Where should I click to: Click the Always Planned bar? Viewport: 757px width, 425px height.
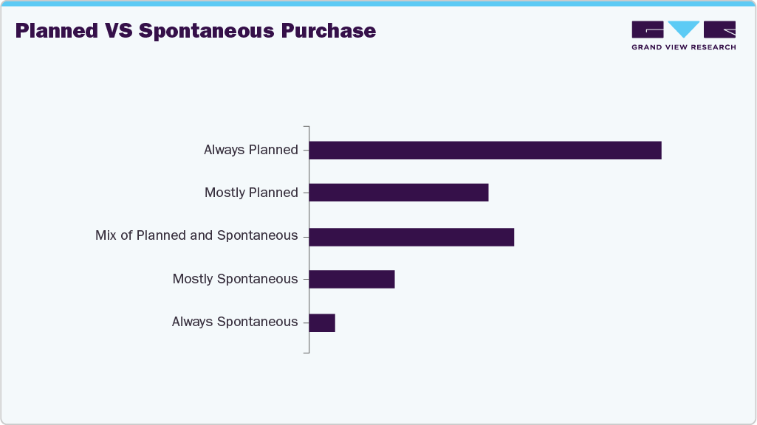(x=484, y=151)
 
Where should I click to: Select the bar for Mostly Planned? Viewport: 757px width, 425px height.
(x=399, y=193)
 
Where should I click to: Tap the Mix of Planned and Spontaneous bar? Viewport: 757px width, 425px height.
(x=411, y=237)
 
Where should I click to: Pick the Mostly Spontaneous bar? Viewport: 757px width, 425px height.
(x=352, y=279)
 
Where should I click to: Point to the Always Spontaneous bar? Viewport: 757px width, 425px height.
(x=322, y=322)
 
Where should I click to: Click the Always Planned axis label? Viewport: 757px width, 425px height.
(x=251, y=151)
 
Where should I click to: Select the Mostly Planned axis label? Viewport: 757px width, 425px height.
(x=251, y=193)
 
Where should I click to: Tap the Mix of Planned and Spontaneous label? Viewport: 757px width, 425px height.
(x=196, y=236)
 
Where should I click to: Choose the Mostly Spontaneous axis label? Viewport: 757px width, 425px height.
(x=235, y=279)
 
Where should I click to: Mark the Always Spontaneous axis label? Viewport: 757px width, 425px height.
(x=235, y=322)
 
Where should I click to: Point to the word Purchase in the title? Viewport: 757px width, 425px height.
(x=335, y=31)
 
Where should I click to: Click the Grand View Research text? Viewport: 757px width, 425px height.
(x=683, y=47)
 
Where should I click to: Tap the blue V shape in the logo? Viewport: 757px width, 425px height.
(x=685, y=29)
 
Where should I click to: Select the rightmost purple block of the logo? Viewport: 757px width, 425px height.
(x=719, y=29)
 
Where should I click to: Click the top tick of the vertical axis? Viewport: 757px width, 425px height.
(x=306, y=128)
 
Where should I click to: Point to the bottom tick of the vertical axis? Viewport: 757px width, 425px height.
(x=306, y=352)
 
